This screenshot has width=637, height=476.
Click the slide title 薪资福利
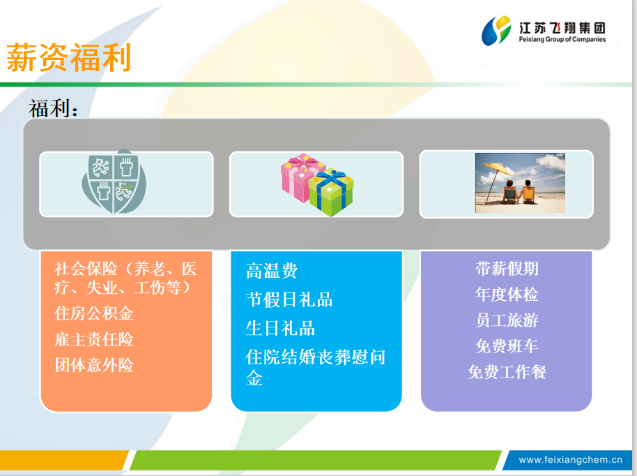[69, 58]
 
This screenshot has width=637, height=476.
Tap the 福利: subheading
[53, 108]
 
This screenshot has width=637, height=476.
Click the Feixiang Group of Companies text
[562, 40]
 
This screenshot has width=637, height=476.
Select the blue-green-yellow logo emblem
[496, 31]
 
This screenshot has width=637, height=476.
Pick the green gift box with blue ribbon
[332, 192]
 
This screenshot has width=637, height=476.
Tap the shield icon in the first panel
[114, 181]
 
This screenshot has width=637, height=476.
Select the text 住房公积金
[94, 313]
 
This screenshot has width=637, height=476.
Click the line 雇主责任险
[94, 339]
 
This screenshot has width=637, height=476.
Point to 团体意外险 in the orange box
[94, 365]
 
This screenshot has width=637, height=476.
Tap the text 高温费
[272, 271]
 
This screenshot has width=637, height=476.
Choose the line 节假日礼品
[289, 300]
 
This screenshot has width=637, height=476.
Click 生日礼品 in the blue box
[280, 328]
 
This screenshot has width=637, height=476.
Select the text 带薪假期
[507, 269]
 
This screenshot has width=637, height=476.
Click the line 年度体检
[507, 294]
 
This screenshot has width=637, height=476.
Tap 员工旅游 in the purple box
[507, 320]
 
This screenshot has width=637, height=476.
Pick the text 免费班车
[507, 345]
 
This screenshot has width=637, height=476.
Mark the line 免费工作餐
[507, 371]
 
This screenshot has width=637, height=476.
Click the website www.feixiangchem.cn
[570, 460]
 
